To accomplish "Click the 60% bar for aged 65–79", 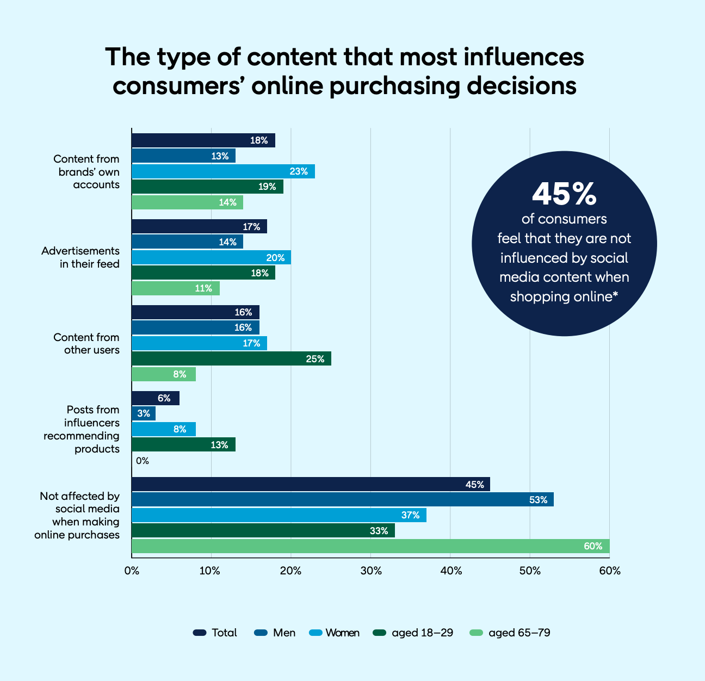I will coord(370,546).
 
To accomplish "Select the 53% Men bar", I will coord(342,499).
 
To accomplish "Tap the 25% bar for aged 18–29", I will coord(231,358).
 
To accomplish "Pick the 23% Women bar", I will coord(223,171).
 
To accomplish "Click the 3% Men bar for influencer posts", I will coord(144,413).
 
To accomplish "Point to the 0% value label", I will coord(143,461).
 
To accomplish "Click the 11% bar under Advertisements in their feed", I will coord(175,288).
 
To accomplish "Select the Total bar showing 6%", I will coord(155,398).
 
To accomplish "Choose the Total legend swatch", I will coord(200,633).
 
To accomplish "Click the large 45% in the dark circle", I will coord(564,194).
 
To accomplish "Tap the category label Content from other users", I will coord(86,343).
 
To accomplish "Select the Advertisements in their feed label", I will coord(81,257).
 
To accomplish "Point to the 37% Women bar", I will coord(279,515).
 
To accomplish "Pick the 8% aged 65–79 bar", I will coord(163,374).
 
